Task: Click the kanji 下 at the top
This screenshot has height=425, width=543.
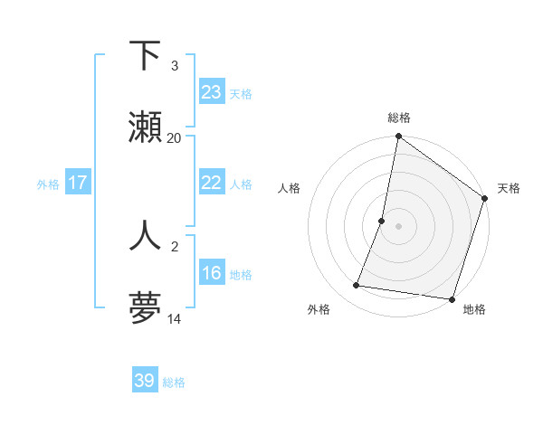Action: [x=146, y=56]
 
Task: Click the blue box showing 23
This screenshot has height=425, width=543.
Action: [x=211, y=92]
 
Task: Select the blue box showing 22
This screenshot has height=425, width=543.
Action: [x=211, y=183]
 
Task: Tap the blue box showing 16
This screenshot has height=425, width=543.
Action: [x=211, y=273]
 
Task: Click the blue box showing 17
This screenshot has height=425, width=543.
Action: [x=78, y=183]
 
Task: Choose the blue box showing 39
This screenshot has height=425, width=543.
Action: [x=145, y=381]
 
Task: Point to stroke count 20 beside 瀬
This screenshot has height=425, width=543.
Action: [x=175, y=138]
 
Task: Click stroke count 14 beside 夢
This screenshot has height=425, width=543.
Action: [x=175, y=319]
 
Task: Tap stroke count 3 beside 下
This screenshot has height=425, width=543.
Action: [x=175, y=66]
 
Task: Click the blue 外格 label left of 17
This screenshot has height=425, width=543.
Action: [x=48, y=184]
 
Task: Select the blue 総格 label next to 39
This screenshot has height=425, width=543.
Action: [x=174, y=382]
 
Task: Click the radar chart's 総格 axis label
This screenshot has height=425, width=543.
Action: [x=399, y=118]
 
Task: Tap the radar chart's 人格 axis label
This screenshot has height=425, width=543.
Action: [x=289, y=188]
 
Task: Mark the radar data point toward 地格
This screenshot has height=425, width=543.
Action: [x=452, y=298]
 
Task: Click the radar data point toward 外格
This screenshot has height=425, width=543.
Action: [x=357, y=286]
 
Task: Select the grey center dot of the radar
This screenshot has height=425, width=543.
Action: [x=399, y=226]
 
